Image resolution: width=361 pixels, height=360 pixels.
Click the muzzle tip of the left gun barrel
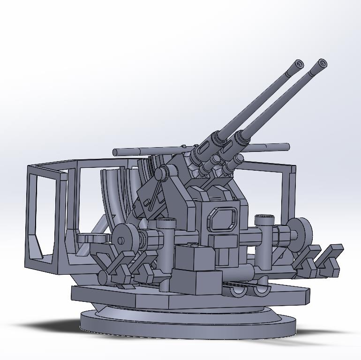(299, 64)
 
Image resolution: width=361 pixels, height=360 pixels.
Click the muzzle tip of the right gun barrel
(322, 63)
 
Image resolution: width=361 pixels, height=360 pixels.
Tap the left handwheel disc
(125, 240)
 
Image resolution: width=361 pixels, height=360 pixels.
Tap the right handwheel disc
(301, 232)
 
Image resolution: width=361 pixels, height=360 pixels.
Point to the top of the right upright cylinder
(264, 217)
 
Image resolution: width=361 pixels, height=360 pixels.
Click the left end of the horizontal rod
(115, 152)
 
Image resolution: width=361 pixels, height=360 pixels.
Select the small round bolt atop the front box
(192, 245)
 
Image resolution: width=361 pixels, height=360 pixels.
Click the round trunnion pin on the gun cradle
(160, 173)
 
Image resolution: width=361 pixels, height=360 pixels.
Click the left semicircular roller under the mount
(238, 291)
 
